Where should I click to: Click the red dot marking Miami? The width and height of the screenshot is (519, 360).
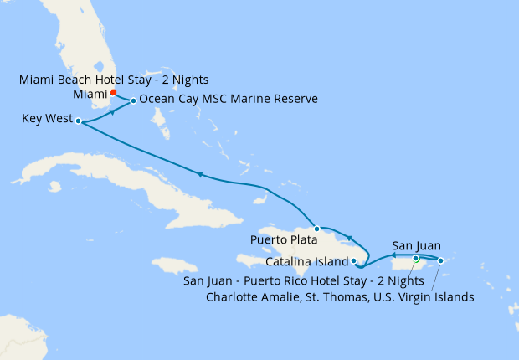pos(114,92)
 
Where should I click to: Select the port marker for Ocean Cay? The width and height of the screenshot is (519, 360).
pos(133,101)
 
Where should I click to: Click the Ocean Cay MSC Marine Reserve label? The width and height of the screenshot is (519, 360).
pos(229,100)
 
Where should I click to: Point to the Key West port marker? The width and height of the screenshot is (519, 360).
pos(78,121)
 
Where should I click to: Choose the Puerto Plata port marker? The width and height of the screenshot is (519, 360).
pos(316,229)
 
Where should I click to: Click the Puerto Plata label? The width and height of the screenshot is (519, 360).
pos(285,239)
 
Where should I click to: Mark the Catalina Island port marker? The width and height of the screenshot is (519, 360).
pos(354,261)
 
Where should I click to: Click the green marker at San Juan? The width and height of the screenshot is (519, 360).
pos(416,259)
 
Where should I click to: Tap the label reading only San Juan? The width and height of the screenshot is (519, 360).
pos(416,246)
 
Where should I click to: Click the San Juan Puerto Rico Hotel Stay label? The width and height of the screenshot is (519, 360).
pos(303,280)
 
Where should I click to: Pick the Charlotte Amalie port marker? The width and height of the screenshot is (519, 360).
pos(440,261)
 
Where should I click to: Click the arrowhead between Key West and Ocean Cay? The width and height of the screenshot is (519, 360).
pos(111,111)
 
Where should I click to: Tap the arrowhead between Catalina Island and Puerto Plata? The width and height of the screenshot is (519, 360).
pos(349,237)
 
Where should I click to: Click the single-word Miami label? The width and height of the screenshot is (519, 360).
pos(90,94)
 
